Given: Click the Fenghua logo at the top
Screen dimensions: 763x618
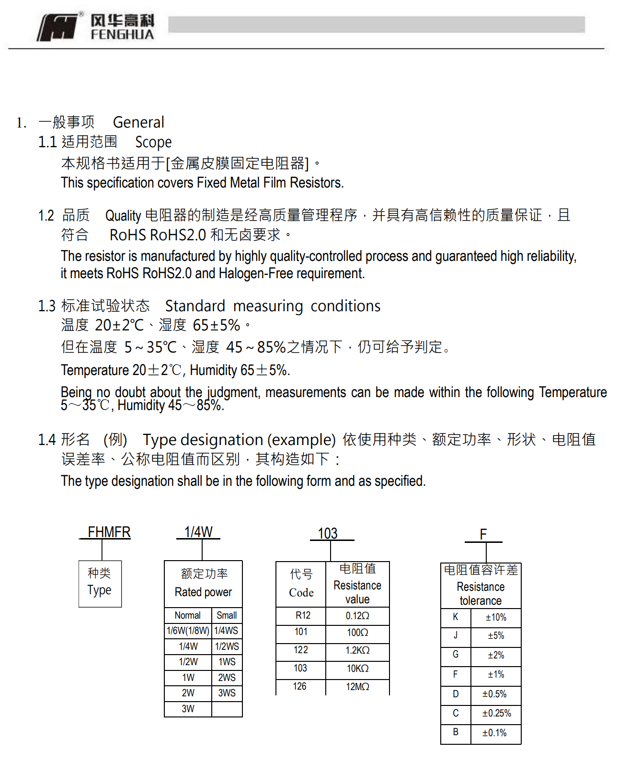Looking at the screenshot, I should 96,27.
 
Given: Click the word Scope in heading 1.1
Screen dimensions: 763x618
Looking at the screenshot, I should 153,142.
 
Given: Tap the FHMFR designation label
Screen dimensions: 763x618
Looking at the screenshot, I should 109,532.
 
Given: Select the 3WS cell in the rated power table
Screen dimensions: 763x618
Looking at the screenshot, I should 227,693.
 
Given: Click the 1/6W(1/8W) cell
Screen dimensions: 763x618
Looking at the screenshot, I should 188,631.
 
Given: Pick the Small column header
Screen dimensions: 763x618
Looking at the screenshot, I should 227,615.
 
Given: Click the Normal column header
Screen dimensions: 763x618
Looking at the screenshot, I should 187,615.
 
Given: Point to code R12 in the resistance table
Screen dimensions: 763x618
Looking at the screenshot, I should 303,615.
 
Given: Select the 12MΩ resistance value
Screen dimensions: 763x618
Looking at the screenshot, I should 357,687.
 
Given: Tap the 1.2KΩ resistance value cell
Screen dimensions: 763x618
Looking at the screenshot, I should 357,650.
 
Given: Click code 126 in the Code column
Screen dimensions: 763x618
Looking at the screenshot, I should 300,686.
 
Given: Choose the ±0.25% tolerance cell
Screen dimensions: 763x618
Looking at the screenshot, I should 496,713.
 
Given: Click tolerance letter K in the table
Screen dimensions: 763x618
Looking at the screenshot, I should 456,617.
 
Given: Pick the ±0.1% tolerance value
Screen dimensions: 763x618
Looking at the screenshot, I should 494,733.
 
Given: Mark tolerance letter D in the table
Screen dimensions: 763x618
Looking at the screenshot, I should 456,694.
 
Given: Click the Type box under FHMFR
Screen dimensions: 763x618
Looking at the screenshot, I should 100,583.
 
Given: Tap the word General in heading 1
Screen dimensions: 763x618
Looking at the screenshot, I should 138,122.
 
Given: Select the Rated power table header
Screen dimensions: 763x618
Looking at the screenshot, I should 203,583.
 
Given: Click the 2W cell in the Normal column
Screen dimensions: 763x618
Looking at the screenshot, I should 188,693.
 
